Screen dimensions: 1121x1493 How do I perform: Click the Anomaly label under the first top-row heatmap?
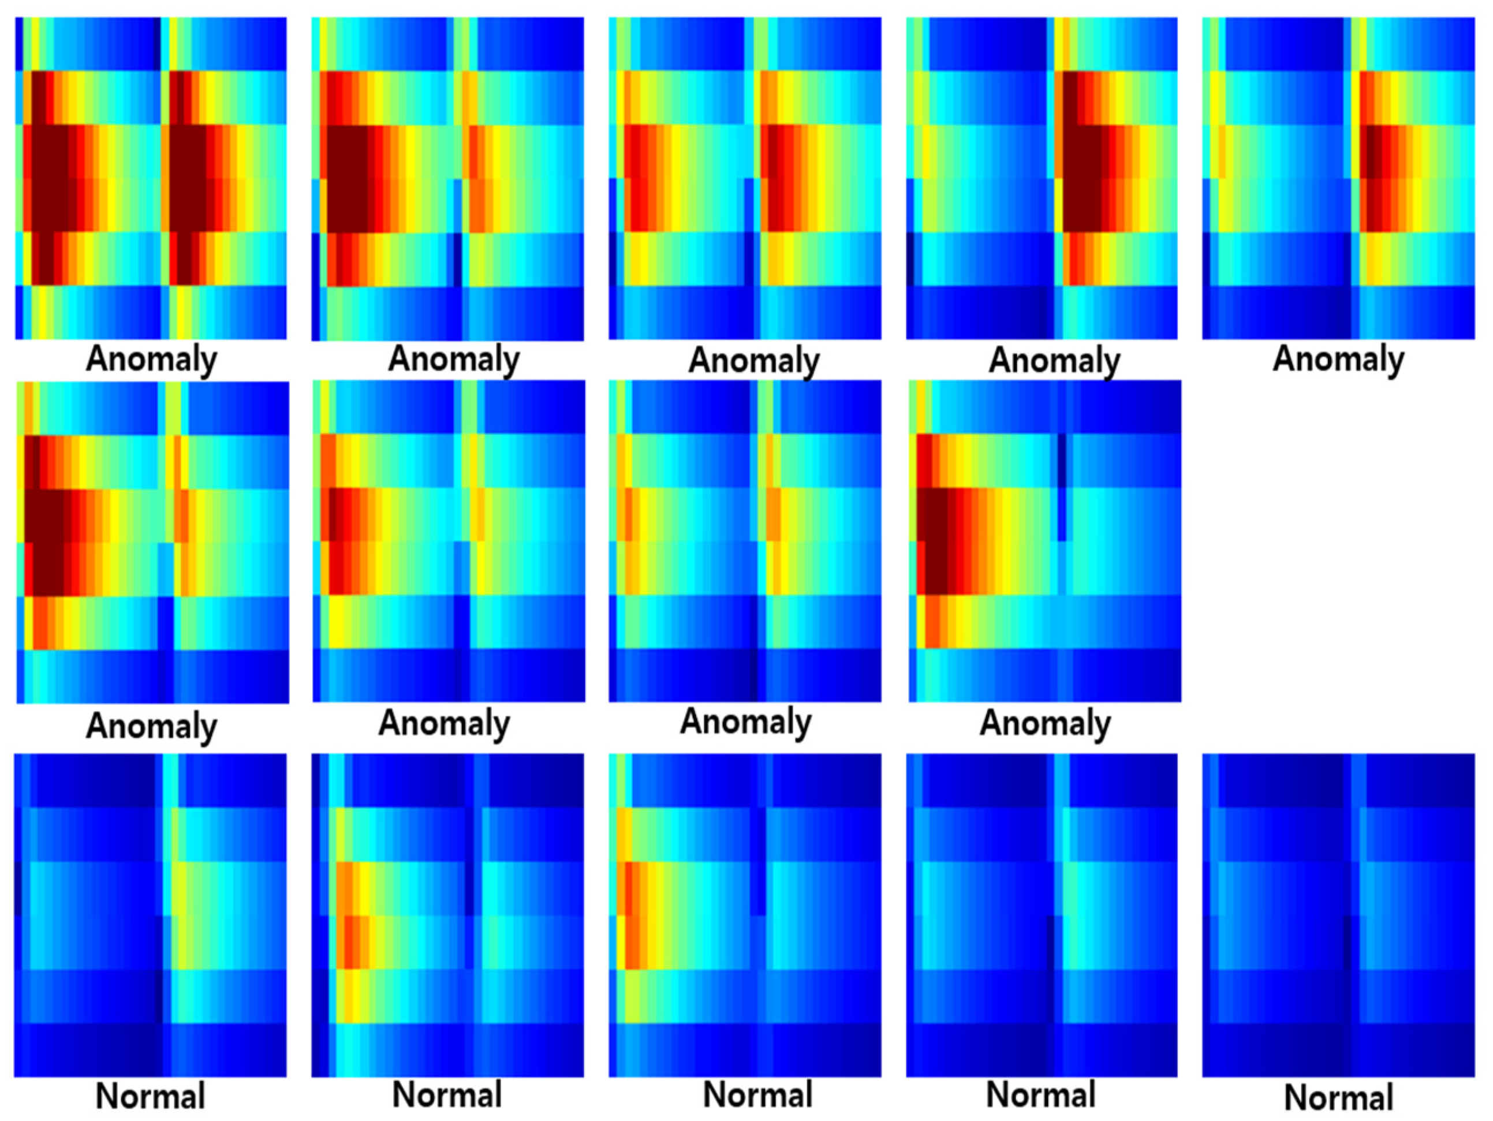151,360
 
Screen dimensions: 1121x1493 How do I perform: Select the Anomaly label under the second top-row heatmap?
454,360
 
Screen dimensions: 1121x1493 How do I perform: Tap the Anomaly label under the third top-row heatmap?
754,361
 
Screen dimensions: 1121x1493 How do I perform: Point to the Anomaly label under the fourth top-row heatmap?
1054,361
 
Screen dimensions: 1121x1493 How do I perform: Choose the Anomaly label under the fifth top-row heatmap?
1338,360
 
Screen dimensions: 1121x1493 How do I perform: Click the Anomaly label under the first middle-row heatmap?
151,727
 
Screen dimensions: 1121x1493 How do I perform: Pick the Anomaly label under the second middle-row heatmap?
444,724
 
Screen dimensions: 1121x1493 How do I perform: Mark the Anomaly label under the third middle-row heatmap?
745,723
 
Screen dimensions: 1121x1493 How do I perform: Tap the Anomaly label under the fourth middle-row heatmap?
1045,724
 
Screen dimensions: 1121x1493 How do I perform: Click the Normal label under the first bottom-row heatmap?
150,1097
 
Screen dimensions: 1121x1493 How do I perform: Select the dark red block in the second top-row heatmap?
348,179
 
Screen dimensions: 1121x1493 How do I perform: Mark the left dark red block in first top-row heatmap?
51,179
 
